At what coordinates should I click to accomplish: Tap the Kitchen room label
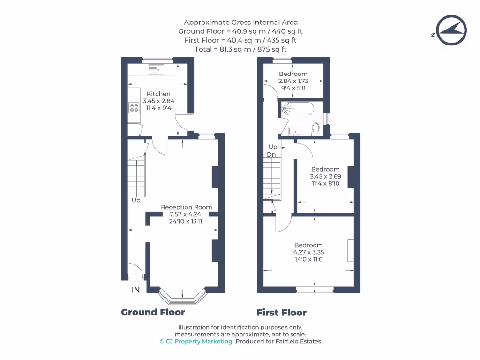click(158, 94)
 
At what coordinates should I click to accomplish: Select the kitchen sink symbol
click(156, 70)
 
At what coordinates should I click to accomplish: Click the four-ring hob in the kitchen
click(134, 109)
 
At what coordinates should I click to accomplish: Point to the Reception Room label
click(186, 207)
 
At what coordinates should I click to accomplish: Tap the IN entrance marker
click(135, 290)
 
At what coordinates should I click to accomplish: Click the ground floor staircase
click(137, 179)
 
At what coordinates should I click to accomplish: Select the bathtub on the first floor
click(298, 110)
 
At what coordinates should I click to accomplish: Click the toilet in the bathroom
click(315, 127)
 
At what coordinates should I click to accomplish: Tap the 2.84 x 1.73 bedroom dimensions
click(293, 81)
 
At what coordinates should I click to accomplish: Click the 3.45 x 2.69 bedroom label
click(325, 176)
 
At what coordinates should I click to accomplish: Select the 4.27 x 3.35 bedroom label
click(308, 252)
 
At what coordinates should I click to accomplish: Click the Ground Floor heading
click(153, 312)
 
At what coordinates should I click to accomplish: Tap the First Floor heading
click(281, 313)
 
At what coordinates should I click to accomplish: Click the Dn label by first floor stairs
click(271, 154)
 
